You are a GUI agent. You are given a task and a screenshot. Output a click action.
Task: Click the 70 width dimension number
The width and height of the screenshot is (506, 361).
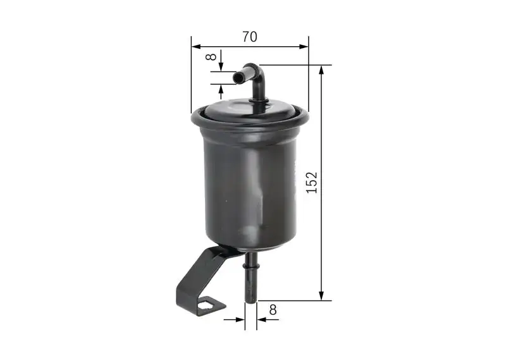click(x=250, y=37)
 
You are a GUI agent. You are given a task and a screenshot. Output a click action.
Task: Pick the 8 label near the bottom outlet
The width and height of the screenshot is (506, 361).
click(x=273, y=310)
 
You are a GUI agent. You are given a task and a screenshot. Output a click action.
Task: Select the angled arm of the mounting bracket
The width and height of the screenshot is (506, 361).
click(x=201, y=272)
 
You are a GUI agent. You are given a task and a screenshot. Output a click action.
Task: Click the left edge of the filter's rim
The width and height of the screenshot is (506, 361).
click(x=192, y=118)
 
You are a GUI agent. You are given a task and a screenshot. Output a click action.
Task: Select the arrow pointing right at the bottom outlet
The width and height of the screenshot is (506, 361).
click(x=240, y=319)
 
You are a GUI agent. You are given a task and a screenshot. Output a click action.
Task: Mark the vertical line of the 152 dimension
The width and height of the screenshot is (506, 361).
click(x=322, y=240)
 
